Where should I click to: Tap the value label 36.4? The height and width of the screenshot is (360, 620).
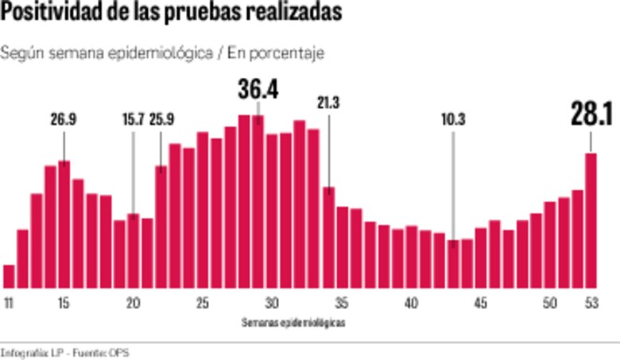point(258,90)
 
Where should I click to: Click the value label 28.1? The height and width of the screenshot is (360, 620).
point(591,115)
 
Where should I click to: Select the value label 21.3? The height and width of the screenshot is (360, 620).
point(327,103)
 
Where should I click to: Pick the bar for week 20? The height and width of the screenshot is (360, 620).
point(134,250)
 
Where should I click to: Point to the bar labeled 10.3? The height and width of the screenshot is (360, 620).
point(452,263)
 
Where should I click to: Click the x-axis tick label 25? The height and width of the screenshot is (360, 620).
point(203,303)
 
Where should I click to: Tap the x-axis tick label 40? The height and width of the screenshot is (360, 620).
point(411,303)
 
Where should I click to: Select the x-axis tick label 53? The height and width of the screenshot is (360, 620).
point(591,303)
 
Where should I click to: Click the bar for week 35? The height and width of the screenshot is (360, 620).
point(342,247)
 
